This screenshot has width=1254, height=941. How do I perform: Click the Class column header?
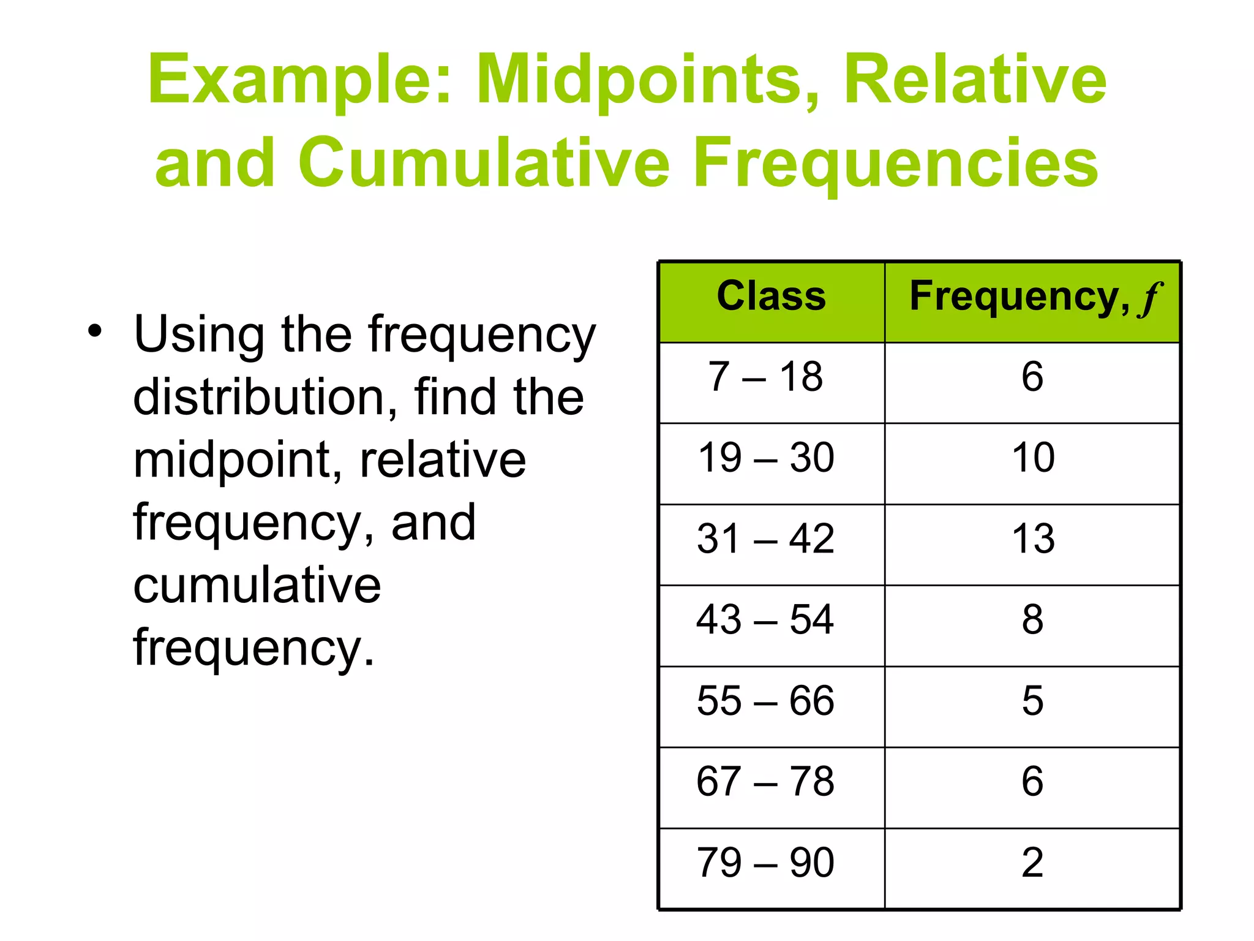771,297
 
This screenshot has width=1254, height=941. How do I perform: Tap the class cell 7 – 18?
765,376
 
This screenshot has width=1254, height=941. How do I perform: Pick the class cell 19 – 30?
766,458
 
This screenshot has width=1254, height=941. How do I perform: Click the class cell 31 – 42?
765,539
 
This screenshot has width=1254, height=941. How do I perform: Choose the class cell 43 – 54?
765,620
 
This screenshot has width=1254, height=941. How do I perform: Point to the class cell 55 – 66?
765,701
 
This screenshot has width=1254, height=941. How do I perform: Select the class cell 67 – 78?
765,782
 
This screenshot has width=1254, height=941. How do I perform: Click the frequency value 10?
1033,458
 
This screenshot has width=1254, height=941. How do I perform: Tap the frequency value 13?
1033,539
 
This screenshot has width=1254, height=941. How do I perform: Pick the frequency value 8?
1032,620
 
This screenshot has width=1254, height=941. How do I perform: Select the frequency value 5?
1032,701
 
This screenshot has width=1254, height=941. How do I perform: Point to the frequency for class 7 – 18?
1032,376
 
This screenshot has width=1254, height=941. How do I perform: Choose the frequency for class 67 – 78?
1032,782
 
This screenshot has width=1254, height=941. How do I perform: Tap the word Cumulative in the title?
484,163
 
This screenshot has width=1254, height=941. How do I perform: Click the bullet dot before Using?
94,331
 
